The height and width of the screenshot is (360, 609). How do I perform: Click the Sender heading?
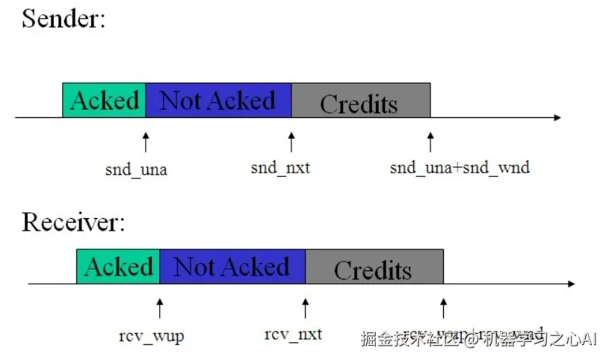64,18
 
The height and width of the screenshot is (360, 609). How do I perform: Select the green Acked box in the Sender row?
104,100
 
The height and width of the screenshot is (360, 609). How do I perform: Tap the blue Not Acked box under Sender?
218,100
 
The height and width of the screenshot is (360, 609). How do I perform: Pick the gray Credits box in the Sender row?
360,101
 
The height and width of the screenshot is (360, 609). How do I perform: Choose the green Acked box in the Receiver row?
118,267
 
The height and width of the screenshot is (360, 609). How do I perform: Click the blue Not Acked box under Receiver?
232,267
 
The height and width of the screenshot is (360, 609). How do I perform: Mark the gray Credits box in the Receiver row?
374,267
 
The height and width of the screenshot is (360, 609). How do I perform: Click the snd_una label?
136,169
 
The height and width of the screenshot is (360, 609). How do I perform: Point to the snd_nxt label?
280,168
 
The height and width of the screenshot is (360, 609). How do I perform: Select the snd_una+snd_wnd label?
460,168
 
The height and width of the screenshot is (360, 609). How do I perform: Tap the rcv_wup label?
151,336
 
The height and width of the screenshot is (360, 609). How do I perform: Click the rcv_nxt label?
294,334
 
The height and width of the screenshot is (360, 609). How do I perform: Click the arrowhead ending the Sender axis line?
557,117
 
